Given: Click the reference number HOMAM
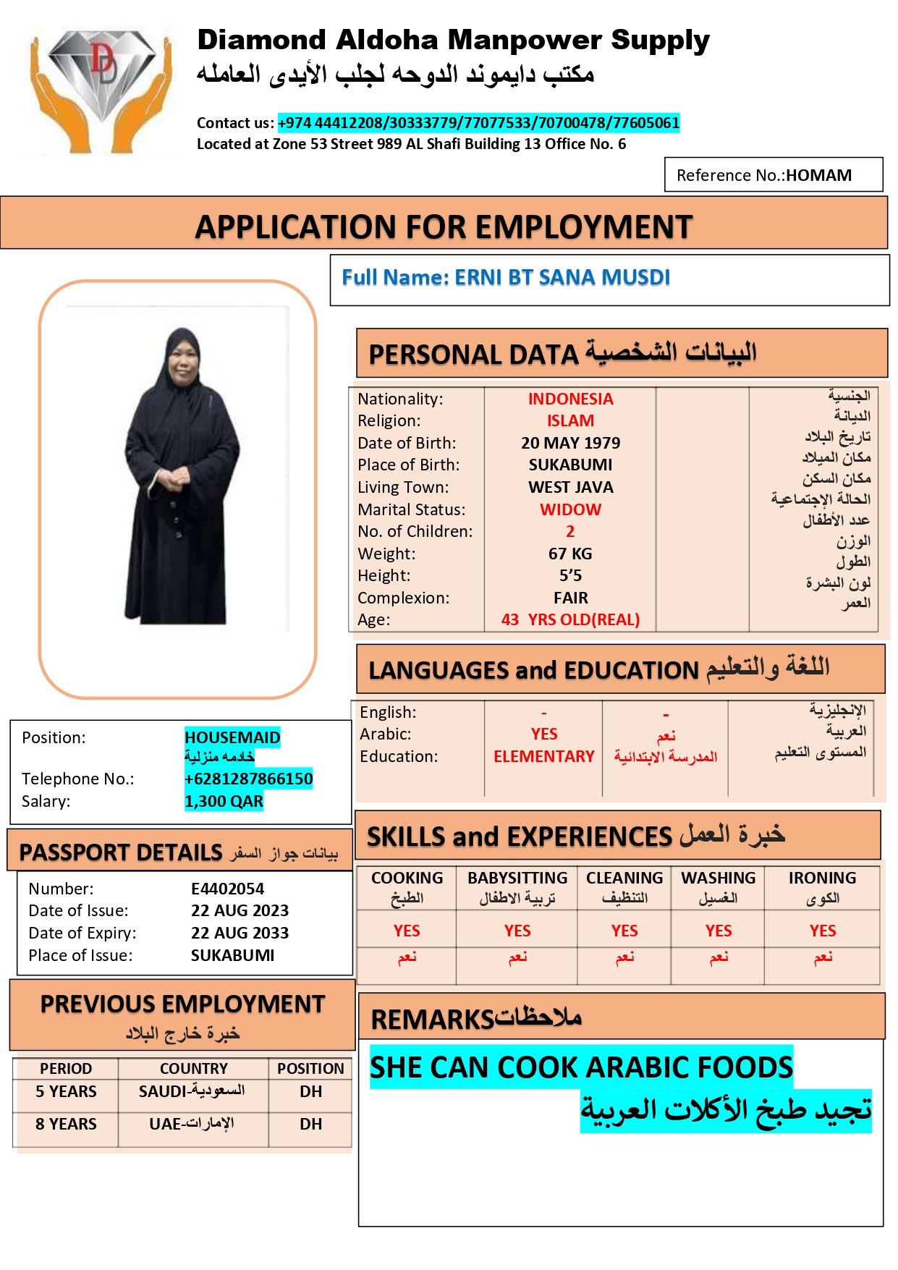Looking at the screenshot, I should click(x=818, y=175).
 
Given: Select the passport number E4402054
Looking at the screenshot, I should click(x=227, y=889).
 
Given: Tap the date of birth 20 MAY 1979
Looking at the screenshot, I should click(x=570, y=443).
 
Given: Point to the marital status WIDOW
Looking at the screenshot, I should click(x=570, y=509).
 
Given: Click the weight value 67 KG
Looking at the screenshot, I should click(x=570, y=554).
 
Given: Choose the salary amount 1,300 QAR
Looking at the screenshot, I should click(x=224, y=801).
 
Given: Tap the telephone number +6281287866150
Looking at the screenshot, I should click(x=248, y=779).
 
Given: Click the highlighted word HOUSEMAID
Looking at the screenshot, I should click(x=232, y=737).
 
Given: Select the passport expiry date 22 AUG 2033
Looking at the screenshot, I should click(x=240, y=933).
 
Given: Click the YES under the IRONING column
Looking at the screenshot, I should click(x=823, y=931).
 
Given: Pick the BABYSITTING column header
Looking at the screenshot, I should click(x=517, y=878).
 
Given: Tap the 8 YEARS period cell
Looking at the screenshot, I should click(x=66, y=1124).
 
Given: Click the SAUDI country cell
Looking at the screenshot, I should click(x=192, y=1091).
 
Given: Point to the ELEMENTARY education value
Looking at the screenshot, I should click(x=543, y=756).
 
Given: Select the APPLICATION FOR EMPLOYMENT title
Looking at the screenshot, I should click(x=444, y=227).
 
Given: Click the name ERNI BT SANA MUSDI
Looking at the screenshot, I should click(x=562, y=277).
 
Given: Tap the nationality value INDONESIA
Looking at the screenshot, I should click(x=570, y=399).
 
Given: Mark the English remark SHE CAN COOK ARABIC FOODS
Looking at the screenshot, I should click(x=581, y=1067).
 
